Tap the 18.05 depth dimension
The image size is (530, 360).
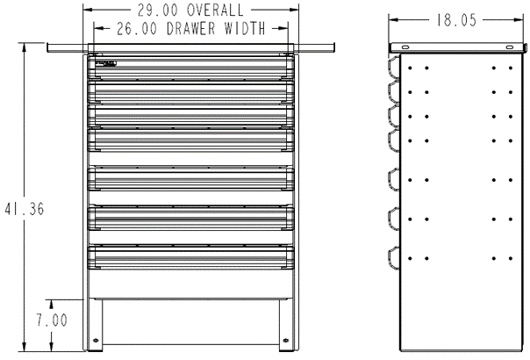tap(454, 19)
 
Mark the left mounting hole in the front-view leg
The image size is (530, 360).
tap(96, 341)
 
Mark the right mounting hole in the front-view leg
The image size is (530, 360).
tap(285, 341)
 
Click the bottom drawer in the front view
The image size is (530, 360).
tap(190, 256)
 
